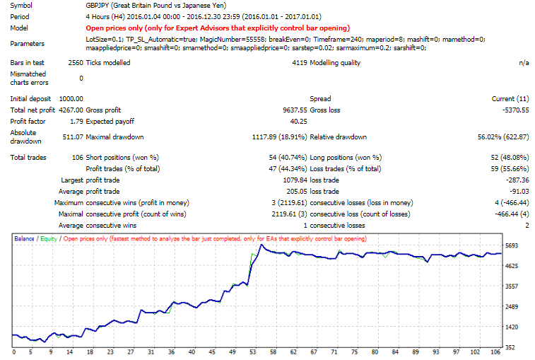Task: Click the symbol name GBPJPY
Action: [x=96, y=5]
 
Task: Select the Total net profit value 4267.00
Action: [x=71, y=110]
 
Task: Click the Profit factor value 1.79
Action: [x=76, y=122]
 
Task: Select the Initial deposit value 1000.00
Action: [x=71, y=98]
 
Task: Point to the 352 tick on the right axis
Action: [x=515, y=347]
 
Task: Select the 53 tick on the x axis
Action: [x=252, y=352]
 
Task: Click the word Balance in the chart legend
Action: [x=25, y=238]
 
